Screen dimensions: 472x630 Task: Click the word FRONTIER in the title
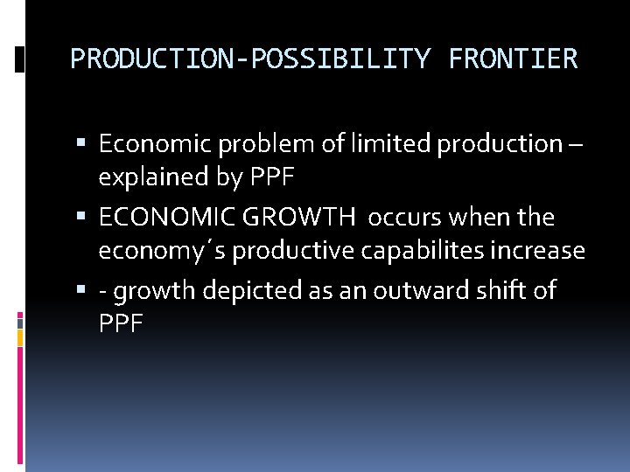click(x=513, y=59)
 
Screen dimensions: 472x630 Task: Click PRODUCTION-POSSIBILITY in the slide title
click(x=250, y=59)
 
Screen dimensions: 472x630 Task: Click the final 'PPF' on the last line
click(x=121, y=325)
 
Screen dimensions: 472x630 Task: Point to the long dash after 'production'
click(x=574, y=143)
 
